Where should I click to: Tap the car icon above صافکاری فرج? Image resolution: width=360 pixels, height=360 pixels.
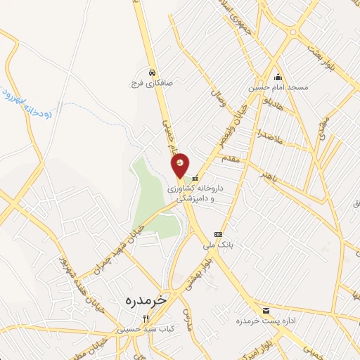[152, 72]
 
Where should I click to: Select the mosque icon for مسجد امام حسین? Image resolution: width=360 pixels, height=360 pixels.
[278, 77]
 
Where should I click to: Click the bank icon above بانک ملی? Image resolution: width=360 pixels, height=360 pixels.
[219, 234]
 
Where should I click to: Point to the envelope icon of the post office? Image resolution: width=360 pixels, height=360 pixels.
[266, 311]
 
